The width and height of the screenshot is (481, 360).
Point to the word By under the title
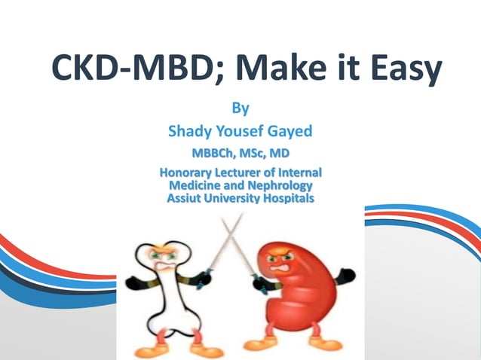(x=240, y=108)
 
